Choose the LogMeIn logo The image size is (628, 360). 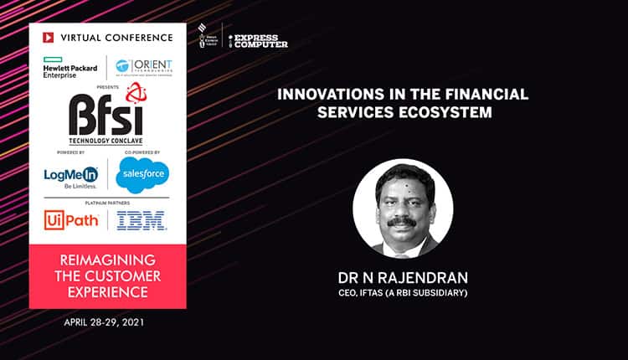click(x=71, y=177)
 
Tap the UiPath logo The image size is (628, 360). click(x=71, y=219)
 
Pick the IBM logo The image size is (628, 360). click(x=142, y=220)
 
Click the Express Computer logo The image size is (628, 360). click(x=260, y=40)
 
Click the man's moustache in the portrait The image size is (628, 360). click(x=402, y=223)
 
